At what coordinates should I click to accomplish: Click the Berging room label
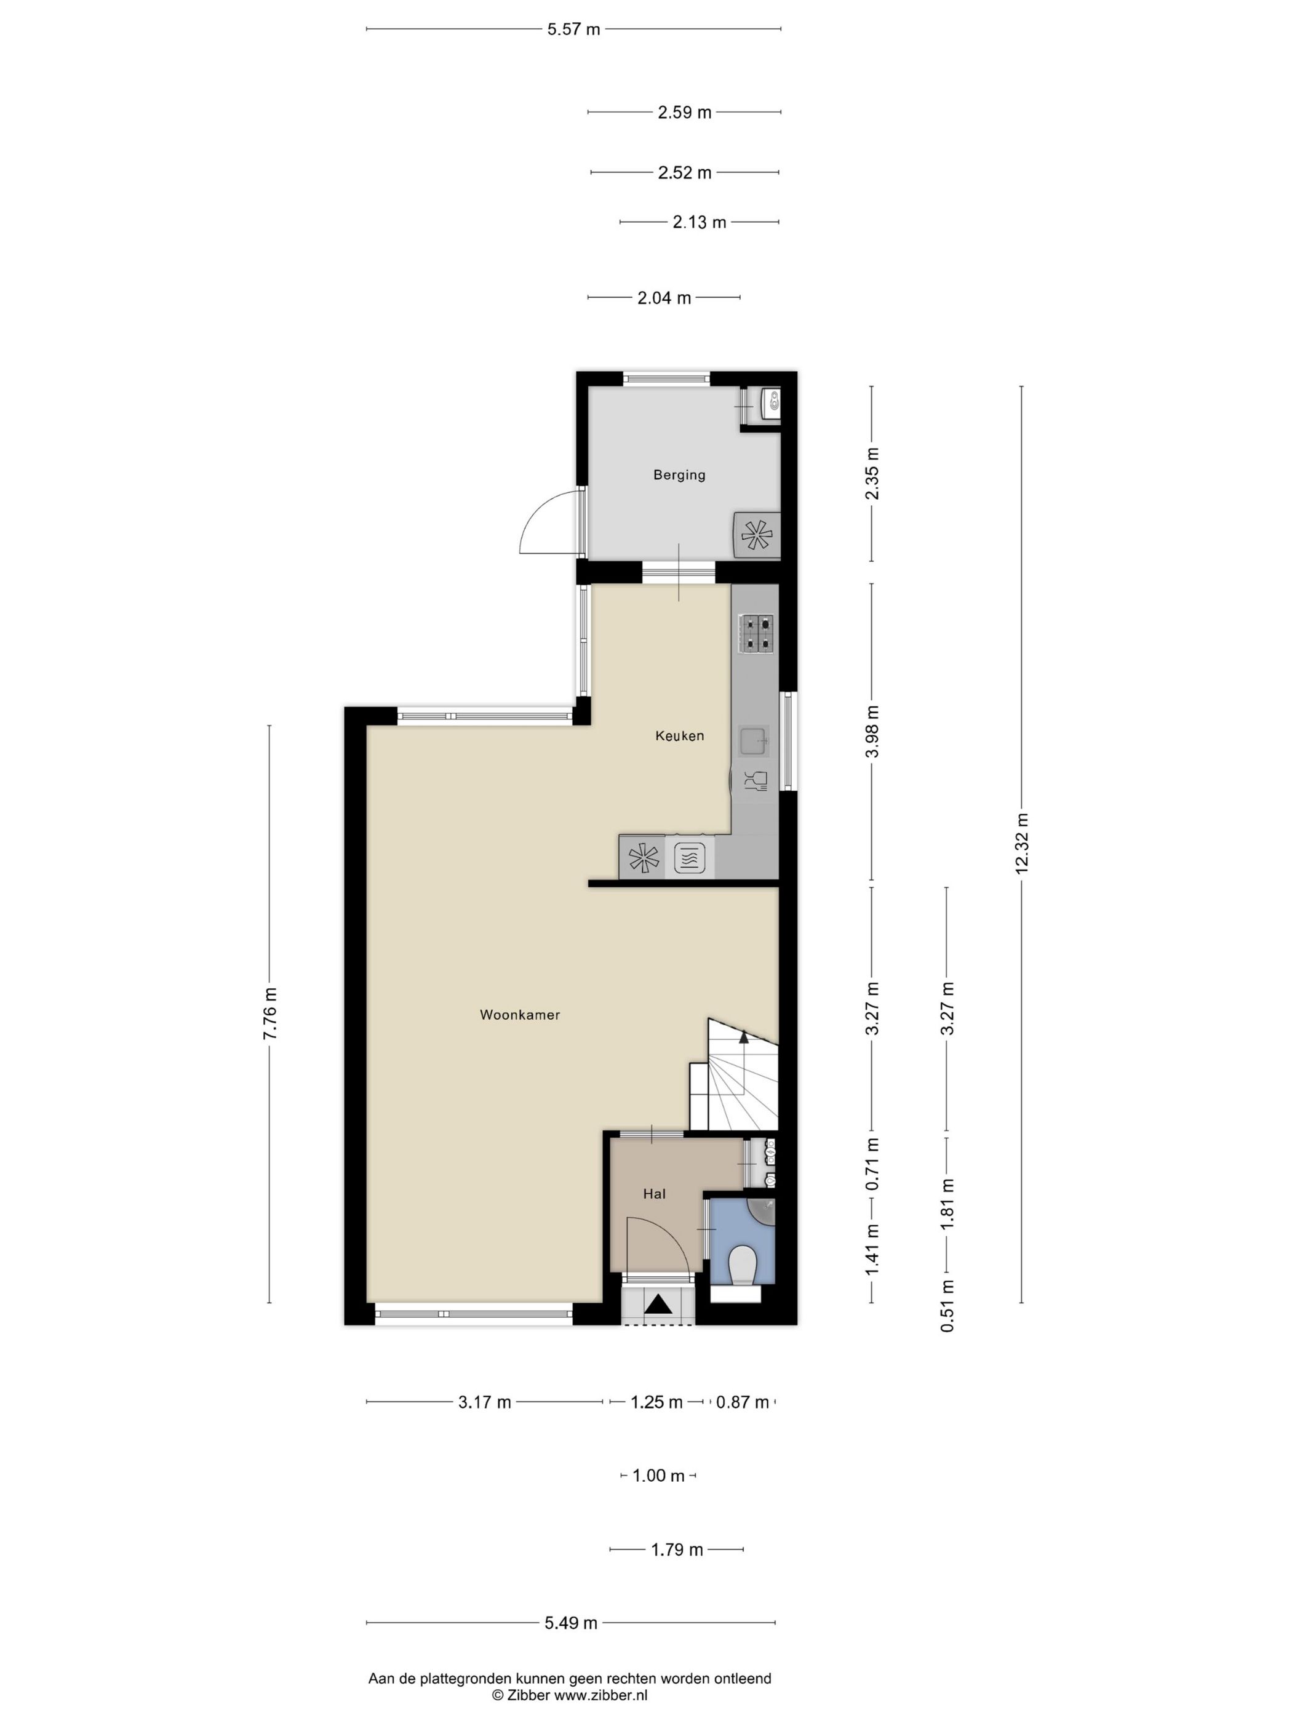[x=679, y=474]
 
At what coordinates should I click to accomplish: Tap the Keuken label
[x=679, y=735]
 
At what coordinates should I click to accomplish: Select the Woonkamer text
[x=519, y=1014]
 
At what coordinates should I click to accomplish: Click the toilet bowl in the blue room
[x=743, y=1265]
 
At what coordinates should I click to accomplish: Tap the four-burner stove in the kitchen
[x=756, y=633]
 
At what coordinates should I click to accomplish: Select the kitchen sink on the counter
[x=753, y=741]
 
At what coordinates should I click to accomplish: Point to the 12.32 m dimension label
[x=1022, y=844]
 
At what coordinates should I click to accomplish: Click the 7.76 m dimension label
[x=269, y=1013]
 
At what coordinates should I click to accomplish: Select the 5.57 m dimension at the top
[x=573, y=30]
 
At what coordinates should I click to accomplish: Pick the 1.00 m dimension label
[x=658, y=1475]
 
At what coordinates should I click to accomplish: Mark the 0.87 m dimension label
[x=742, y=1402]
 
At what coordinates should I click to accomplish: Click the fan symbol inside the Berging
[x=757, y=534]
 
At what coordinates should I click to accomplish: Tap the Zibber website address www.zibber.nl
[x=600, y=1695]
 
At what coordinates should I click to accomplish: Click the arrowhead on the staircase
[x=744, y=1037]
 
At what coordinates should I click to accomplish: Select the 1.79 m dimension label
[x=677, y=1549]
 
